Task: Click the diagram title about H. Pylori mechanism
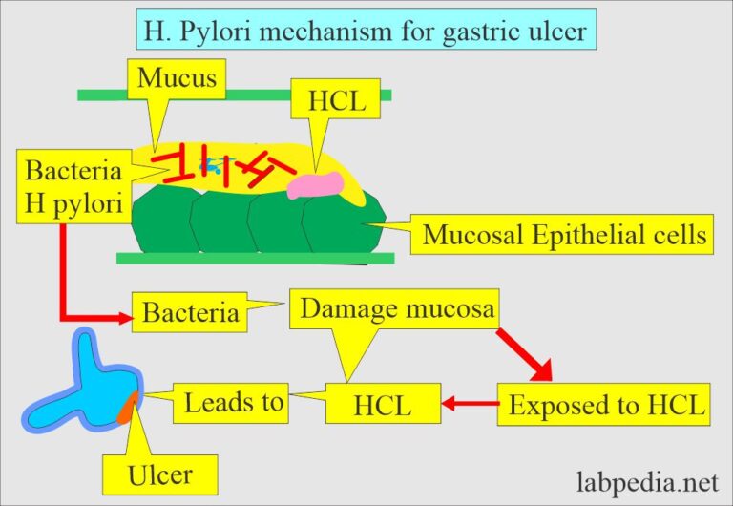367,31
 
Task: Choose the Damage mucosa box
399,308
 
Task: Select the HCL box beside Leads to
383,405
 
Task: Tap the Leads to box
234,402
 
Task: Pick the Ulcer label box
160,474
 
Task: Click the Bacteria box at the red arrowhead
191,312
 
